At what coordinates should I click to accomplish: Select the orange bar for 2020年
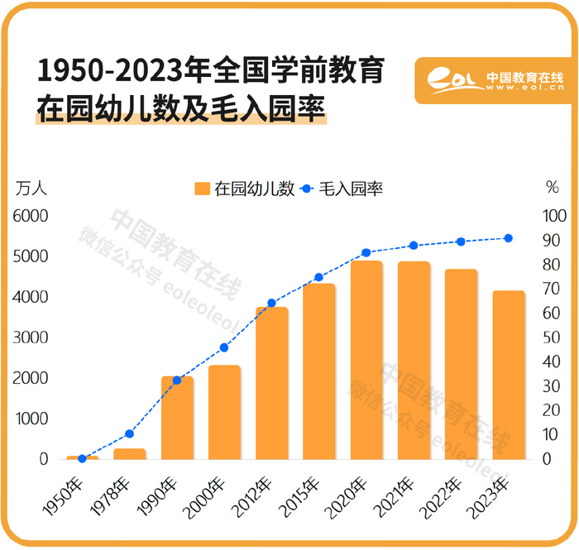click(366, 360)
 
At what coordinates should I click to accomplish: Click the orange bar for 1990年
click(177, 418)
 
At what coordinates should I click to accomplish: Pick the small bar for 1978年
click(130, 454)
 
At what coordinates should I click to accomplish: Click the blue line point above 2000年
click(224, 347)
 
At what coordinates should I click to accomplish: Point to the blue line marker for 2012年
click(271, 303)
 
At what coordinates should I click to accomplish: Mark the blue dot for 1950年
click(82, 458)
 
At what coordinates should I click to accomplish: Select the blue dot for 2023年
click(509, 238)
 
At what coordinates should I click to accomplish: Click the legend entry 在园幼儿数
click(245, 189)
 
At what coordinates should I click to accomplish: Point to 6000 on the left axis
click(31, 216)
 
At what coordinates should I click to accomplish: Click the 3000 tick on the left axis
click(31, 337)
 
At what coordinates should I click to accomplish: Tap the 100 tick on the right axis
click(552, 216)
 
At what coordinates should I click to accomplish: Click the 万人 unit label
click(31, 188)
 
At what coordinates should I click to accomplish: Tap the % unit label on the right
click(553, 188)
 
